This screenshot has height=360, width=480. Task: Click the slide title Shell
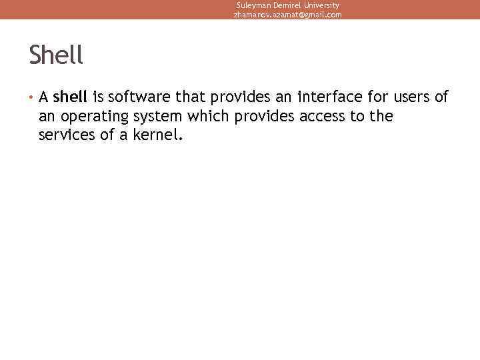tap(56, 55)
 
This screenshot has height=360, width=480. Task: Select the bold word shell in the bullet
tap(70, 97)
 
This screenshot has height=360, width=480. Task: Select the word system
tap(157, 117)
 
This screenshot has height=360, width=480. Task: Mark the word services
tap(67, 135)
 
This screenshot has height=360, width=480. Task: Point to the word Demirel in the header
tap(289, 5)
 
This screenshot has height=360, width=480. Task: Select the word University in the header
tap(323, 5)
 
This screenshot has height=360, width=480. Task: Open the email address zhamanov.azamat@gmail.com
tap(287, 14)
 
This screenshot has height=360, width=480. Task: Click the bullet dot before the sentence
tap(31, 98)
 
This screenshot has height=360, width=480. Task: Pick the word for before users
tap(376, 97)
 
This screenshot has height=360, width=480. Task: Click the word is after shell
tap(97, 97)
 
